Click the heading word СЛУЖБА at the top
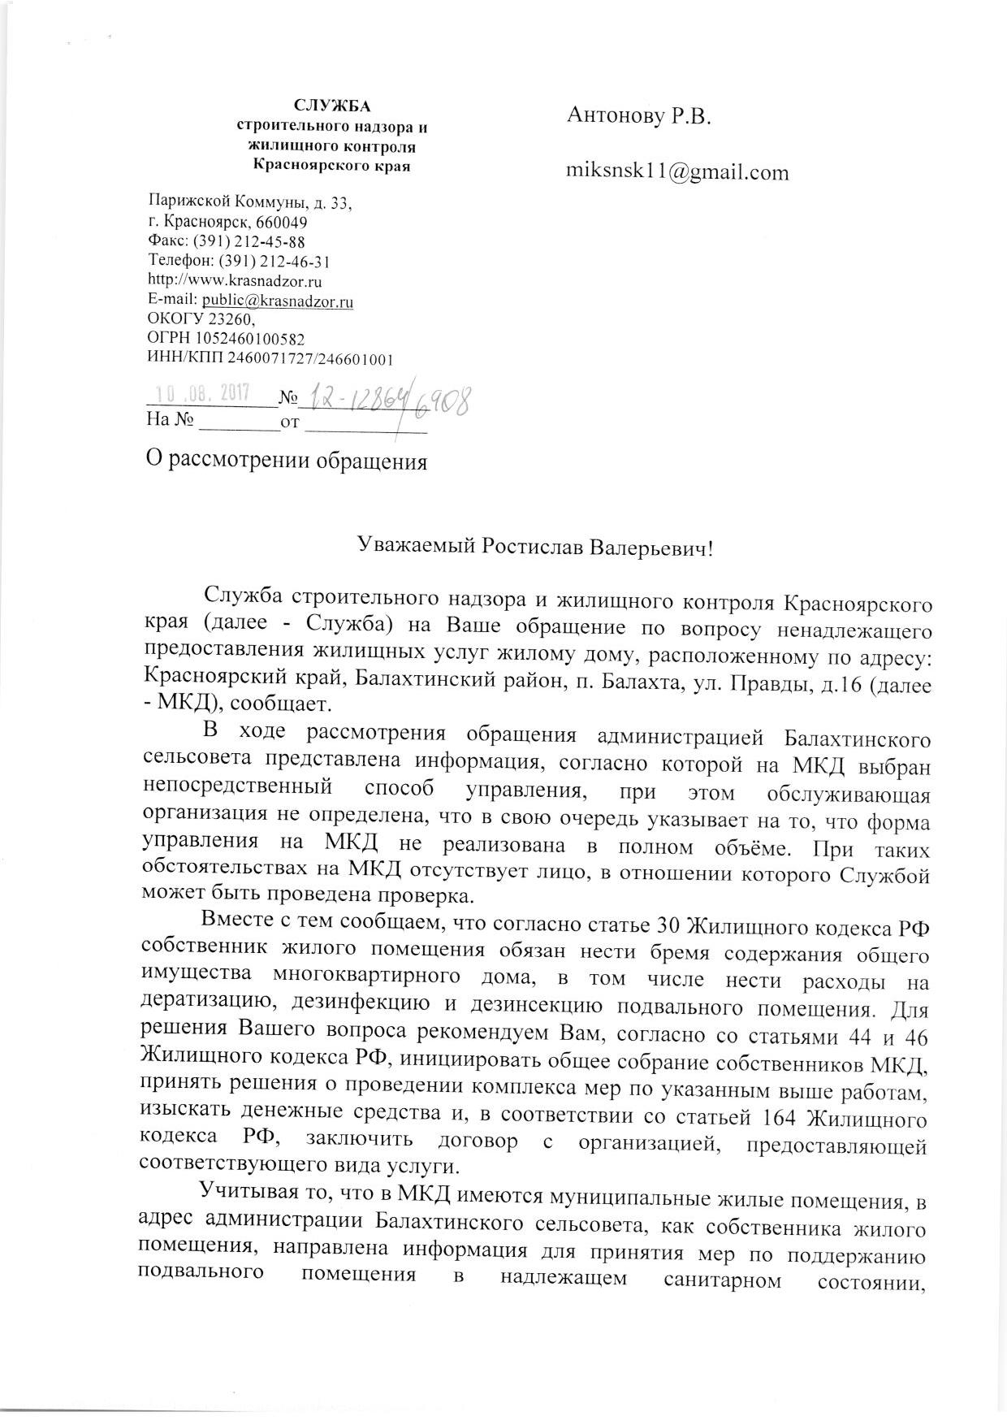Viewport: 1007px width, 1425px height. point(331,106)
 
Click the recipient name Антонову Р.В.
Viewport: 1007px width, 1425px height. point(638,117)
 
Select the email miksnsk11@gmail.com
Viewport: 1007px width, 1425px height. point(677,172)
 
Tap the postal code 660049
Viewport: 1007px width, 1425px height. point(281,222)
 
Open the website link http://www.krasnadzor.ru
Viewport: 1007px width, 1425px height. point(236,281)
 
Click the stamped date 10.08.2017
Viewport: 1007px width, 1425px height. point(202,393)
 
